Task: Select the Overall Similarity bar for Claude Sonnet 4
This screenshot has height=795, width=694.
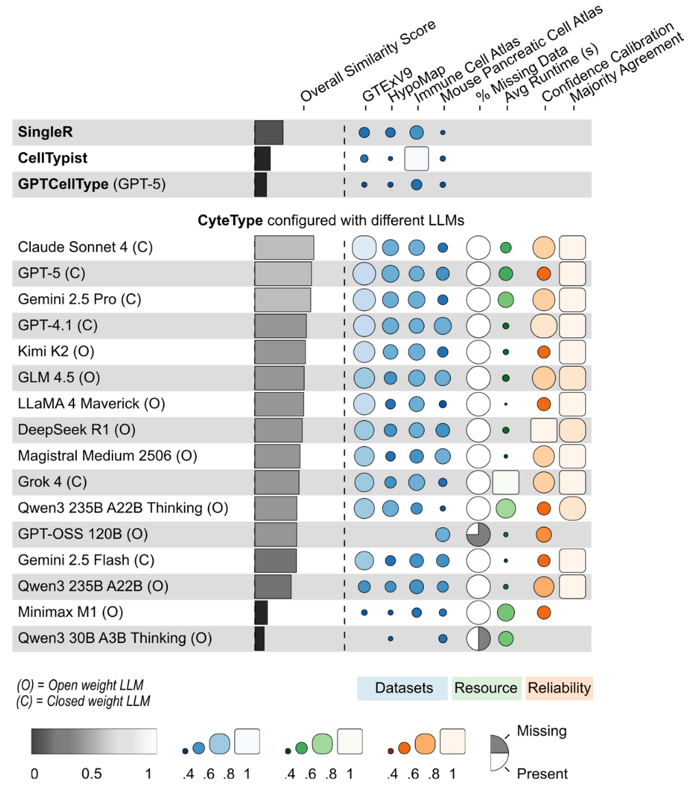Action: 284,247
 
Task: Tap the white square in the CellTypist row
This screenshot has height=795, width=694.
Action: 416,158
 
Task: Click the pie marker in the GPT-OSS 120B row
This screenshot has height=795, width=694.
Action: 478,534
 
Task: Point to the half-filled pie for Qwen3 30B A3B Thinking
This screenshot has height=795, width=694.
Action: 478,638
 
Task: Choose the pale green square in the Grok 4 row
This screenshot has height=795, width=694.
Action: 505,482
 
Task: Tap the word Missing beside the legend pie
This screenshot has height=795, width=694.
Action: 542,731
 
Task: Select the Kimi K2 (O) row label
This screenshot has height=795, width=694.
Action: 56,352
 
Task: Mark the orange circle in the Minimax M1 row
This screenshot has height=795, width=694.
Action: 543,612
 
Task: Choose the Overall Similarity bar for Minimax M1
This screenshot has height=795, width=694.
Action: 261,612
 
